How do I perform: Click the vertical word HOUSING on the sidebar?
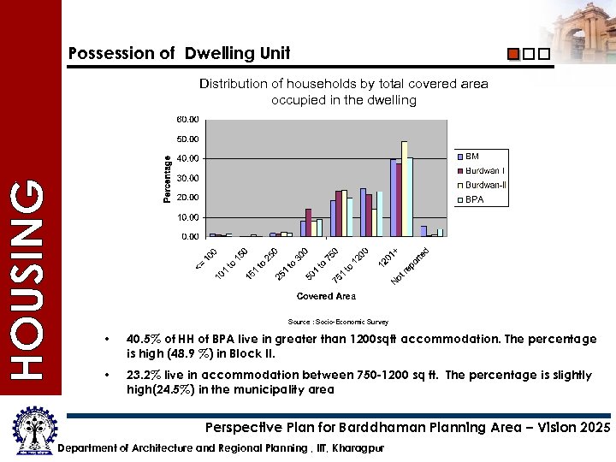(29, 278)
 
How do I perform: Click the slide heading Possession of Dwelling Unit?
(179, 53)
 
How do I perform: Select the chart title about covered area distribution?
(343, 92)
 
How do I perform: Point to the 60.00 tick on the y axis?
(187, 119)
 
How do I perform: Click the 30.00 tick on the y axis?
(187, 178)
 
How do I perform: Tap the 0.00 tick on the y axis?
(190, 236)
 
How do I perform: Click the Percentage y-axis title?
(168, 178)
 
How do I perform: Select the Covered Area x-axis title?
(326, 296)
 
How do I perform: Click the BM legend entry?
(471, 157)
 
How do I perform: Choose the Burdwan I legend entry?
(484, 170)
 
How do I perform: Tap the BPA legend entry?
(475, 199)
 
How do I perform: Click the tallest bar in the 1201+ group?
(404, 188)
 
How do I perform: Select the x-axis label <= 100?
(205, 256)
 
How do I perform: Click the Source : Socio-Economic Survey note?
(338, 322)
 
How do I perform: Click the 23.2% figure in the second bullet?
(142, 375)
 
